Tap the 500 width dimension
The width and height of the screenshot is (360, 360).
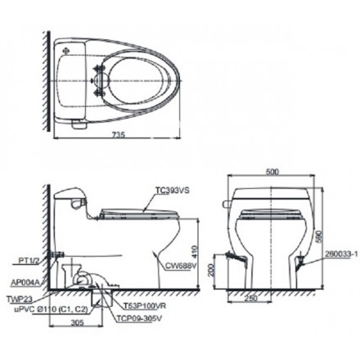click(x=272, y=172)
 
